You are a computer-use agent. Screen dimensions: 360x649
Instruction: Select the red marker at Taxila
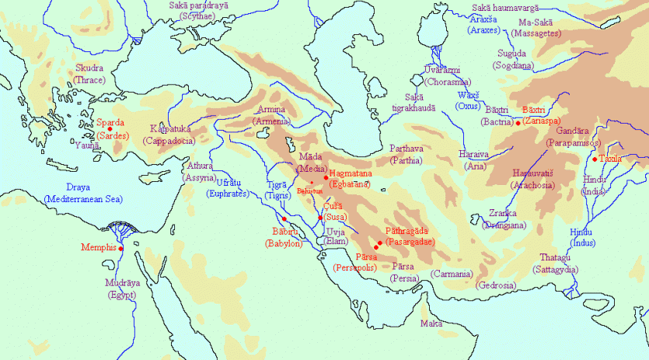pos(595,159)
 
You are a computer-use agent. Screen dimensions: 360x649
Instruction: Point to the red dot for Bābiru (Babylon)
pos(285,218)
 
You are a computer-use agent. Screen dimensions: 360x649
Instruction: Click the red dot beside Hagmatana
pos(326,178)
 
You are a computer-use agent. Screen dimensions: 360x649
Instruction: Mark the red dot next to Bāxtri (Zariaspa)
pos(518,123)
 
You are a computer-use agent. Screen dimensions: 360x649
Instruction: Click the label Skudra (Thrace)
pos(89,73)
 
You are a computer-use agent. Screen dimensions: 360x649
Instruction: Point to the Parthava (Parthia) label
pos(406,155)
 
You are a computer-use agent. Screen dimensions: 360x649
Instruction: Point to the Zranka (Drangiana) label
pos(504,218)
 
